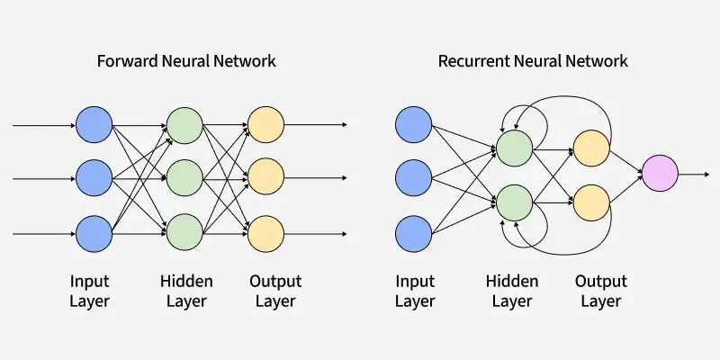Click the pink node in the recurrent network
click(659, 173)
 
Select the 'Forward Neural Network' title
click(186, 61)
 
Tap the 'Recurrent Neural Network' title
click(533, 61)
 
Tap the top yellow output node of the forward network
click(266, 124)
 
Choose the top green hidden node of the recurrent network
click(513, 148)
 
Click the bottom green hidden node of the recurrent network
click(513, 202)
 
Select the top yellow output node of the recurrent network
click(591, 148)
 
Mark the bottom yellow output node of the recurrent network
click(591, 202)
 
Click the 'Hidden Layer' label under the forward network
click(186, 292)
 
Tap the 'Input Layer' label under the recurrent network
click(415, 292)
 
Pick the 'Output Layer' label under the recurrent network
click(600, 292)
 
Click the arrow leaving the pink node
click(693, 173)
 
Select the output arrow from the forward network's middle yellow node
click(315, 177)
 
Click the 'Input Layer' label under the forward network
click(89, 292)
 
